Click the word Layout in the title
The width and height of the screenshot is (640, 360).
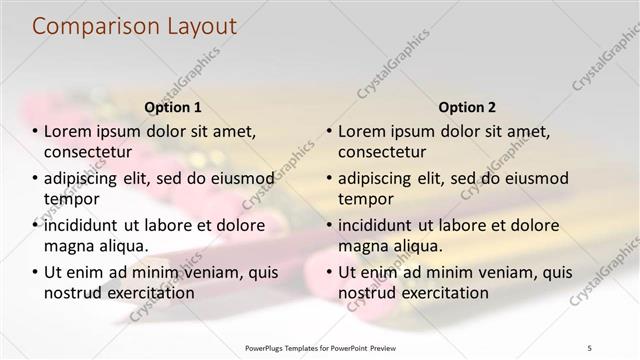[199, 27]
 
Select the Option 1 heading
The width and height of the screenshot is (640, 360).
[173, 107]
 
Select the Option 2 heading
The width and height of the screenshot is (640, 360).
[467, 107]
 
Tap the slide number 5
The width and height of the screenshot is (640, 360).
[589, 347]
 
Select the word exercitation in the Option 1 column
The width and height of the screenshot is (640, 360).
[145, 293]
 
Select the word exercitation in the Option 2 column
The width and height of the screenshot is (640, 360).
[439, 293]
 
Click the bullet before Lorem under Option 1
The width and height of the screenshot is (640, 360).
[35, 132]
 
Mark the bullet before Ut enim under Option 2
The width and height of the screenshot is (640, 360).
[329, 272]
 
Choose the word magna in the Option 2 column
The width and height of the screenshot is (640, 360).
[361, 246]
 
